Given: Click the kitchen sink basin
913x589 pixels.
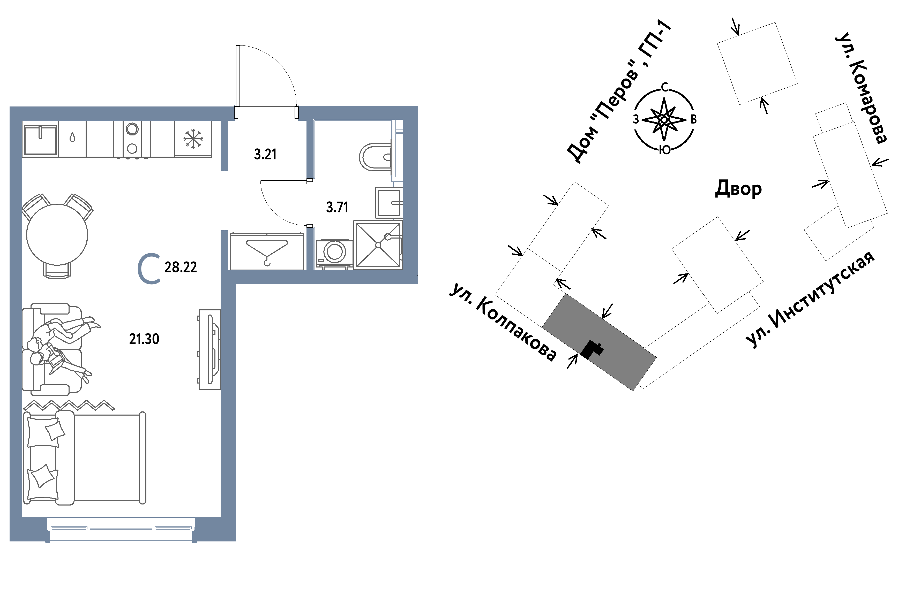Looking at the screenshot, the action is [x=40, y=140].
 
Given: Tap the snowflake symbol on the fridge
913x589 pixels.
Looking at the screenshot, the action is [x=193, y=139].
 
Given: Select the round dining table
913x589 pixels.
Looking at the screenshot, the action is [x=57, y=234].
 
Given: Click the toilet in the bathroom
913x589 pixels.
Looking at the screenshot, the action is [x=375, y=157].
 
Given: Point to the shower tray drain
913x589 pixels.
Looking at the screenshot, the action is [x=378, y=245].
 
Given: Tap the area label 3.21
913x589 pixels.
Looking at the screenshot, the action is [x=265, y=154].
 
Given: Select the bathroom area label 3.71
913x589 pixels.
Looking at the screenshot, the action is [x=337, y=207].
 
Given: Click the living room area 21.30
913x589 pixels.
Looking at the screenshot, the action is [x=144, y=339].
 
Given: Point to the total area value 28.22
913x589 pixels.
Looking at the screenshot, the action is [x=181, y=267].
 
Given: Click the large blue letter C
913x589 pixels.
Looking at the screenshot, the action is [x=149, y=269].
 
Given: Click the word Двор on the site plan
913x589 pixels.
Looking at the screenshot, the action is [x=738, y=189].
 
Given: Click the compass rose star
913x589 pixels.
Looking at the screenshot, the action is [x=664, y=120].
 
